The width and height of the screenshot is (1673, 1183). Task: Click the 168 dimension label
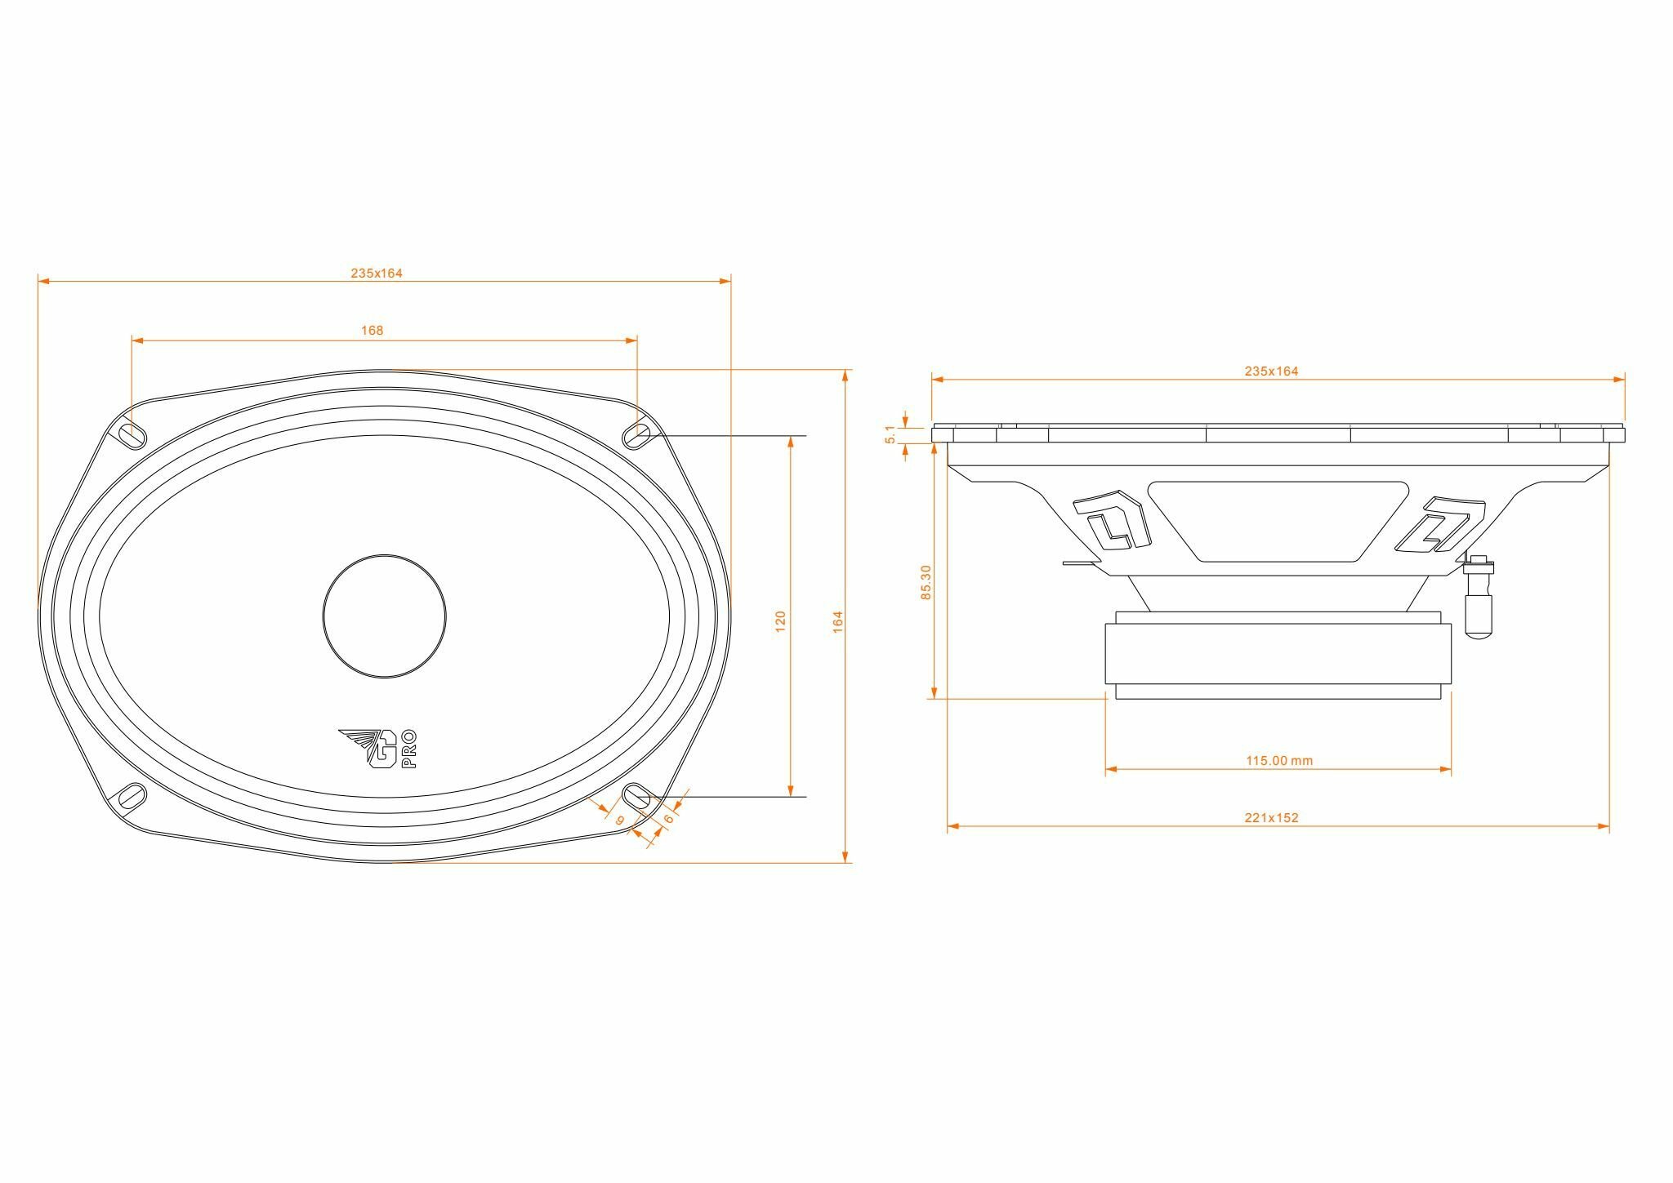tap(372, 331)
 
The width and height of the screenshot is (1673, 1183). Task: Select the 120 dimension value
tap(780, 620)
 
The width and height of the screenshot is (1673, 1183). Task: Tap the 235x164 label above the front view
tap(377, 274)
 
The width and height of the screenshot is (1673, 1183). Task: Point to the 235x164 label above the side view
tap(1271, 371)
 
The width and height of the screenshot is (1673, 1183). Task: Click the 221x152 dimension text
tap(1271, 817)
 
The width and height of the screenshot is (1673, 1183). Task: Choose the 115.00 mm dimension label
tap(1279, 761)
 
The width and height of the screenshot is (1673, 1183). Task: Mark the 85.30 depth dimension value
tap(926, 582)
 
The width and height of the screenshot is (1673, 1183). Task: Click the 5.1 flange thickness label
tap(891, 435)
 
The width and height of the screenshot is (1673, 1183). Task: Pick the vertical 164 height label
tap(837, 621)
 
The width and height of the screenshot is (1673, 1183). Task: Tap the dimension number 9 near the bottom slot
tap(620, 820)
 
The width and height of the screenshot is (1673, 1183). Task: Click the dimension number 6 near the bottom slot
tap(668, 818)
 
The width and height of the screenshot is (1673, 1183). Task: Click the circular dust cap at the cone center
tap(385, 616)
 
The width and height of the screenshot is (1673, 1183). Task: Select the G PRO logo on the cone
tap(379, 748)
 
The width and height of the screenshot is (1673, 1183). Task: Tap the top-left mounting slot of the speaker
tap(132, 435)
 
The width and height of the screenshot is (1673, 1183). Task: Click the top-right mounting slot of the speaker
tap(637, 434)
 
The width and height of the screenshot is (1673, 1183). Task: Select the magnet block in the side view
tap(1278, 653)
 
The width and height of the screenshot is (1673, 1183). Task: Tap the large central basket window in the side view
tap(1278, 520)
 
